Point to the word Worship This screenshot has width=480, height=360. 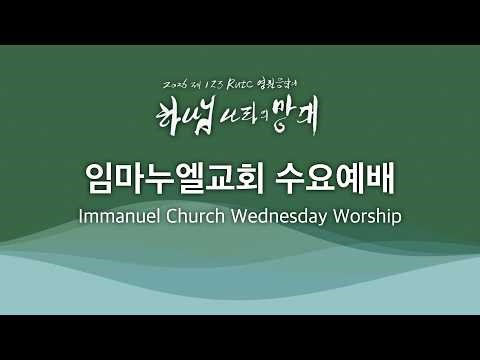[365, 217]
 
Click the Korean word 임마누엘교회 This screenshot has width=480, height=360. [172, 178]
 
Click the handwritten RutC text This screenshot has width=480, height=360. [247, 83]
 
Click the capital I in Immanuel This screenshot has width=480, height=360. [81, 216]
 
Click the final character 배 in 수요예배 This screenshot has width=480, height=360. [381, 178]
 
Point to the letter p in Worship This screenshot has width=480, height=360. [397, 218]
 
